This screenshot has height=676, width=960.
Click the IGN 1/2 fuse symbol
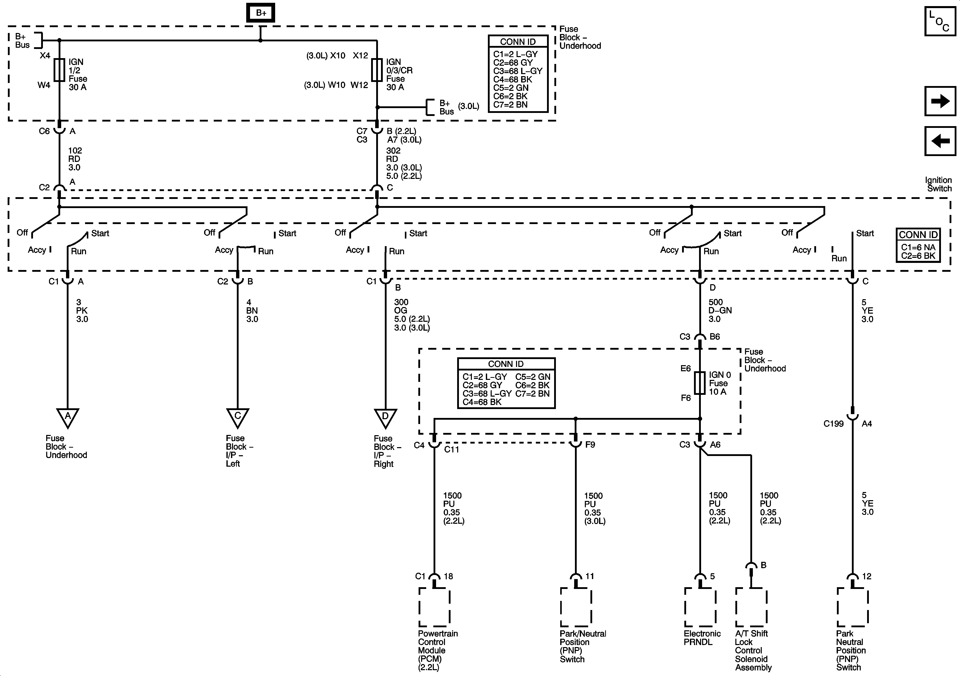59,70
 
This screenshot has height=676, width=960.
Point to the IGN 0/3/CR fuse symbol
377,70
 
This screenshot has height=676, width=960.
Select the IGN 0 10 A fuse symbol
700,383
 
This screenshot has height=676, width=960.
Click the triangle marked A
68,417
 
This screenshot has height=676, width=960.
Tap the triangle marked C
238,417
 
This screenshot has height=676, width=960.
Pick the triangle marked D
385,417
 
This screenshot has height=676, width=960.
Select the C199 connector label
833,424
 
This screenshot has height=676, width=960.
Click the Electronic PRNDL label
702,637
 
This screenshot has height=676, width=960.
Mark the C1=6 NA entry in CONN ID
918,247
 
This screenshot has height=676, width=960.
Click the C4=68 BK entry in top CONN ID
512,79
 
